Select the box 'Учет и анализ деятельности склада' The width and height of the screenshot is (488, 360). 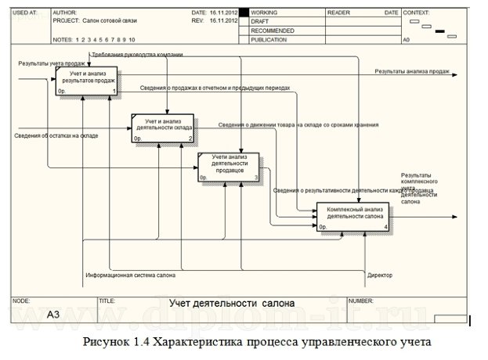coord(163,128)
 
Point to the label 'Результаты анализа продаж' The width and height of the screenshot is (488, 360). coord(411,71)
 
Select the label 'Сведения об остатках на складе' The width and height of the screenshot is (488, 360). coord(56,136)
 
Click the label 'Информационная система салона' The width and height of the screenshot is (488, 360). coord(130,275)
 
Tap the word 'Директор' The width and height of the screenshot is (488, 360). coord(380,275)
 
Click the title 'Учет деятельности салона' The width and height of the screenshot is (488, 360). coord(233,303)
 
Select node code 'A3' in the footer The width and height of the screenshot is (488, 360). coord(53,315)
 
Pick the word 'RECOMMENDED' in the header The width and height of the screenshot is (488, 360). coord(273,31)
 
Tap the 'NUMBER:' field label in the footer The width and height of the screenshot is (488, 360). coord(361,301)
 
